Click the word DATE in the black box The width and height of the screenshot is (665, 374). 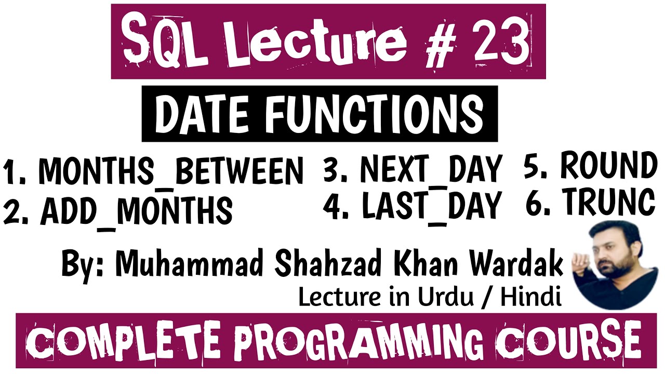[x=202, y=115]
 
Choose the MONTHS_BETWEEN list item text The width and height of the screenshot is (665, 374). [x=171, y=171]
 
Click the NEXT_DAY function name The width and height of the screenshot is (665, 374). [x=431, y=169]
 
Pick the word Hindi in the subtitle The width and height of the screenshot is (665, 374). [x=531, y=297]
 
